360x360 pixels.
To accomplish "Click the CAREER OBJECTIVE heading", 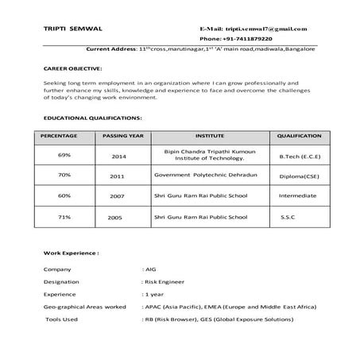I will [72, 69].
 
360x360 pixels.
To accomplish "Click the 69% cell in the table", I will [64, 154].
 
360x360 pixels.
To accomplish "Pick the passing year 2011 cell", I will [118, 176].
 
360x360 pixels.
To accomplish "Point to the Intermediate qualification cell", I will [297, 195].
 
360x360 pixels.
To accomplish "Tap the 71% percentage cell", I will [64, 216].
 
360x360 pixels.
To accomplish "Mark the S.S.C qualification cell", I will [288, 217].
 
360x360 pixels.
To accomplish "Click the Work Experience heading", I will [71, 256].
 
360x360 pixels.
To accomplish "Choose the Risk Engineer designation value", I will [165, 281].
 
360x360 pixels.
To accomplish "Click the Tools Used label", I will [62, 319].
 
